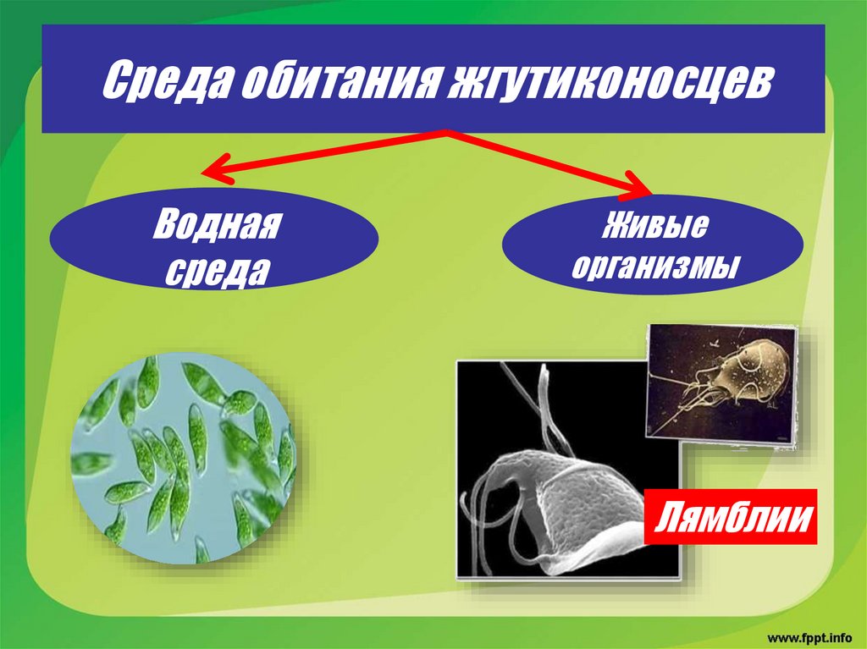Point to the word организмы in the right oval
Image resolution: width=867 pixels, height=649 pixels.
coord(654,268)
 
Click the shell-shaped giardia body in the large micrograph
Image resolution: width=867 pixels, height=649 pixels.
coord(584,499)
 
